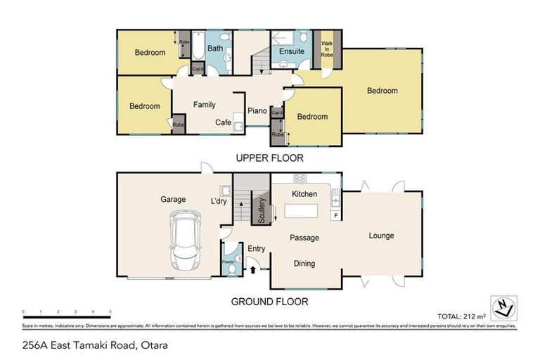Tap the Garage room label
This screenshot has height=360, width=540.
tap(172, 200)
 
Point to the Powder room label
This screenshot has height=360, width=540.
tap(229, 262)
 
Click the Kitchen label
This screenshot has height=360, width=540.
tap(304, 194)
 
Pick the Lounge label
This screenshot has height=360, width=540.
tap(382, 236)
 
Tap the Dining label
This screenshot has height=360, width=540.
tap(304, 264)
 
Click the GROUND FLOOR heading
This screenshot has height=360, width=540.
tap(269, 302)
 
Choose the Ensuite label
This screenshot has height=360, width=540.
tap(291, 51)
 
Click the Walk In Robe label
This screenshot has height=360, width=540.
tap(327, 49)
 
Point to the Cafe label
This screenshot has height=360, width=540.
tap(224, 122)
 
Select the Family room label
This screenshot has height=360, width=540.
tap(205, 105)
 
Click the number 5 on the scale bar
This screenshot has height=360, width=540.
tap(110, 311)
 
